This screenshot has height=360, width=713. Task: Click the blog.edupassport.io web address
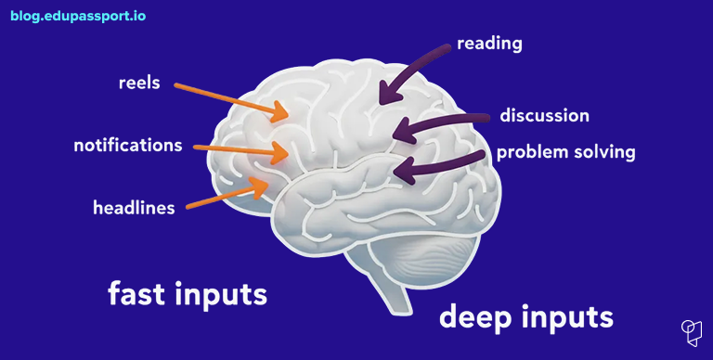[x=78, y=16]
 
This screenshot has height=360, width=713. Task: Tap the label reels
[x=139, y=83]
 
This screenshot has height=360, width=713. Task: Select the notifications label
[x=128, y=146]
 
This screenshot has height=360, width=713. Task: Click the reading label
[x=490, y=44]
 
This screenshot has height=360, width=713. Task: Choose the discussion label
[x=544, y=116]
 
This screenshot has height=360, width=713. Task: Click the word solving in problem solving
[x=603, y=152]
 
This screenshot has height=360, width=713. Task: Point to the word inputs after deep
[x=567, y=318]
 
